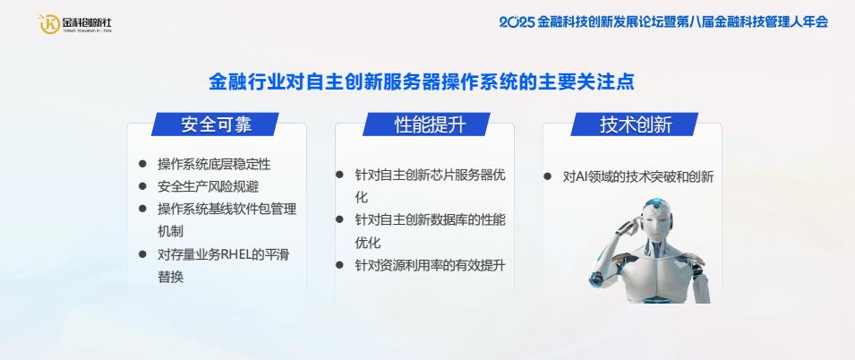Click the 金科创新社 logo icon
point(49,24)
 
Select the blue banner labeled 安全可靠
point(216,124)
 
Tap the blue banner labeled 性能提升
point(427,124)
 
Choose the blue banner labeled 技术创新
point(635,124)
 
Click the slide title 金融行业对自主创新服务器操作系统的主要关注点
point(422,82)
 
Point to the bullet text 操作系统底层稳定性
point(214,164)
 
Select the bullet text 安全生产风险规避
point(209,186)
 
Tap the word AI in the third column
point(582,177)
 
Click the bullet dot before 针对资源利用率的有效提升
point(339,265)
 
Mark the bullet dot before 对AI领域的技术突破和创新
point(547,176)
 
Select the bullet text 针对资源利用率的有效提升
point(431,266)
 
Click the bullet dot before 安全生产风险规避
point(143,186)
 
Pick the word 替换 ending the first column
point(171,277)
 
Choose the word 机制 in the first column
point(171,231)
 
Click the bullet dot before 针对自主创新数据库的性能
point(339,219)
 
